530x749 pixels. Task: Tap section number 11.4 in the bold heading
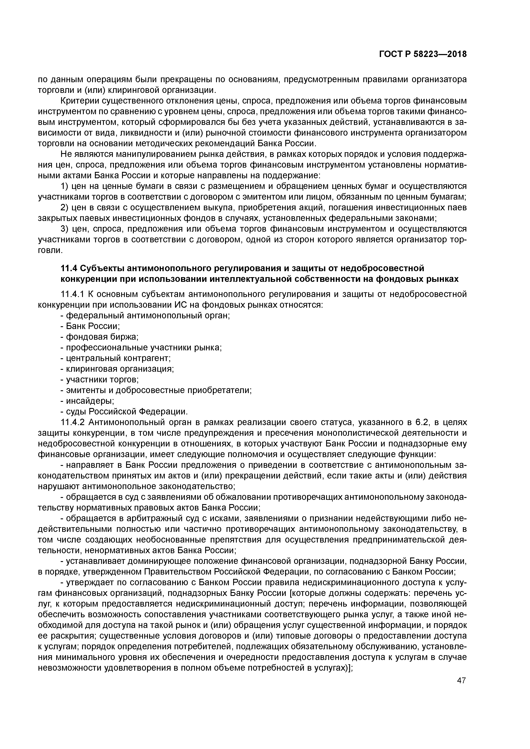point(69,268)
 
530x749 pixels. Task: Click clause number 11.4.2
point(72,423)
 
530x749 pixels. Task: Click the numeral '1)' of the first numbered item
point(65,186)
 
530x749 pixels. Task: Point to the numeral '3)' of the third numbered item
point(65,229)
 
